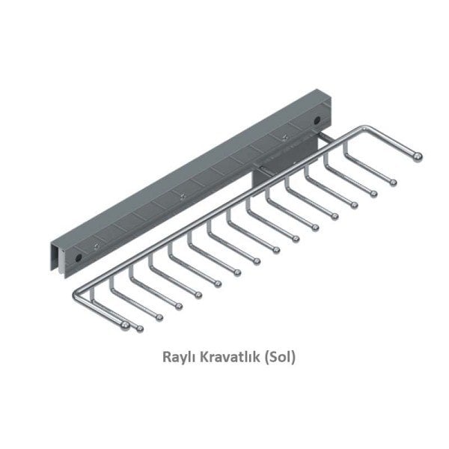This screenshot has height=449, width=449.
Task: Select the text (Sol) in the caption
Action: pyautogui.click(x=281, y=358)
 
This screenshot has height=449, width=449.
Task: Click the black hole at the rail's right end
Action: pyautogui.click(x=318, y=119)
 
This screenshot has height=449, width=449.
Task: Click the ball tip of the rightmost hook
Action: pyautogui.click(x=418, y=156)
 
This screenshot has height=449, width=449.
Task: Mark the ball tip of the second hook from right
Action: pyautogui.click(x=394, y=182)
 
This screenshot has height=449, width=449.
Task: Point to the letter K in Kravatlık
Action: pyautogui.click(x=205, y=358)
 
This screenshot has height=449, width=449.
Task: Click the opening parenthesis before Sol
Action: pyautogui.click(x=267, y=358)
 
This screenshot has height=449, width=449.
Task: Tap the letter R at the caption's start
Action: pyautogui.click(x=166, y=358)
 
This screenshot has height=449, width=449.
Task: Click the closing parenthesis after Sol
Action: pyautogui.click(x=295, y=358)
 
